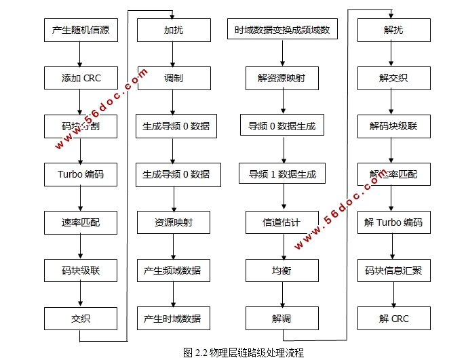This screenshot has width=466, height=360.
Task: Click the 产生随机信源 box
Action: point(81,30)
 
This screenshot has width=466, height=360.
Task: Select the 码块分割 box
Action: point(81,126)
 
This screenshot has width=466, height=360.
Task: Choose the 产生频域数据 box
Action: point(172,271)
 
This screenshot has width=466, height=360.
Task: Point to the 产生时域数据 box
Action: point(172,319)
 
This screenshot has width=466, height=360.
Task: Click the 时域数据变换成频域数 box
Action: point(281,30)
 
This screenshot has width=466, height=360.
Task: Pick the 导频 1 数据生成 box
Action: point(281,174)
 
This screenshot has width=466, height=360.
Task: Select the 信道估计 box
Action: point(281,222)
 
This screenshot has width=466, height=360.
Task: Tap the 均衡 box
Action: point(281,271)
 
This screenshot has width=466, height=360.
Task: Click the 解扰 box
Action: point(393,30)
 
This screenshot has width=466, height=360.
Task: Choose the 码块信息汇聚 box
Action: point(393,271)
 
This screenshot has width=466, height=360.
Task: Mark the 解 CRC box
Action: point(393,319)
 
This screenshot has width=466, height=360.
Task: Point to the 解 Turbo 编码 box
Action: point(393,222)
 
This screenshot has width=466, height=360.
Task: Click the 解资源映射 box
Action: point(281,78)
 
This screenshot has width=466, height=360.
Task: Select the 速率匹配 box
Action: point(81,222)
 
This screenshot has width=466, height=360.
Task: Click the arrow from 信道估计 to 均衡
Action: point(281,246)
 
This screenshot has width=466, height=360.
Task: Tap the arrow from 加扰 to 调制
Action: point(173,54)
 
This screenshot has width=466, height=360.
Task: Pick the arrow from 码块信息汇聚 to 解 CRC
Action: point(393,294)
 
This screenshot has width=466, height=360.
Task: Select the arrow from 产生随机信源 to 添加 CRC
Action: point(81,54)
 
